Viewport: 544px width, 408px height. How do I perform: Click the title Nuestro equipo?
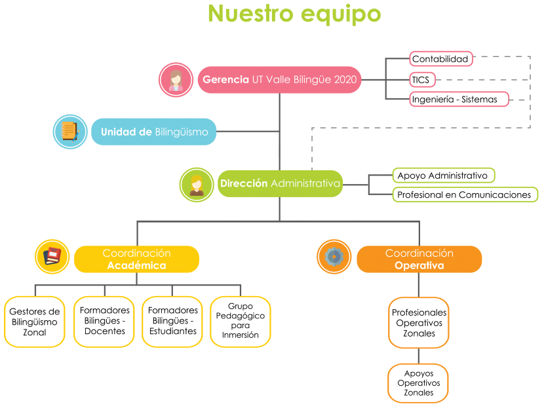(x=294, y=14)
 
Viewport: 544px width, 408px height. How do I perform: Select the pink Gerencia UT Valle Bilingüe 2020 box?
(x=279, y=80)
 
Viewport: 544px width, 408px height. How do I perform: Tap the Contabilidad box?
(x=441, y=59)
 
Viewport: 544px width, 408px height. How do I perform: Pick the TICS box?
(x=422, y=80)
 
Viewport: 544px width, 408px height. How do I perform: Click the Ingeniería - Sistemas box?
(x=459, y=100)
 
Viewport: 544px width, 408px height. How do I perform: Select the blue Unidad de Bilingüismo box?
(x=153, y=132)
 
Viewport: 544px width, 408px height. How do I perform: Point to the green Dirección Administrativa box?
(x=280, y=184)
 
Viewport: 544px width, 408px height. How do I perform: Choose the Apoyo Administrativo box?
(x=444, y=176)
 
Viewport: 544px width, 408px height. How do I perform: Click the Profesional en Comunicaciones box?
(x=465, y=195)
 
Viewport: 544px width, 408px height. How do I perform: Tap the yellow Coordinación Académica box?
(x=137, y=259)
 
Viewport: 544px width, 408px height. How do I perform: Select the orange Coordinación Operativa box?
(x=419, y=259)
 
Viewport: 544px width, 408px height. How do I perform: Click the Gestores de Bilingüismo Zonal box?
(x=35, y=322)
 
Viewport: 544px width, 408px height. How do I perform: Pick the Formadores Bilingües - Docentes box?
(x=104, y=322)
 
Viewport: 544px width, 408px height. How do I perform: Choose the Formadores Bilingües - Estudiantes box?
(x=172, y=322)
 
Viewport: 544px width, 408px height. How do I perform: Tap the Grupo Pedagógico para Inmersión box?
(x=241, y=322)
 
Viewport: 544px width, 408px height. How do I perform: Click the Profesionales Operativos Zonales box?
(x=419, y=323)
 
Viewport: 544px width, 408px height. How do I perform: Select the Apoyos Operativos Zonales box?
(x=418, y=383)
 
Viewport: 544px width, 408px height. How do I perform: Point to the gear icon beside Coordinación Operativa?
(x=334, y=257)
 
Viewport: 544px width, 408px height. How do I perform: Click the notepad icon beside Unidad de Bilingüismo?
(x=70, y=132)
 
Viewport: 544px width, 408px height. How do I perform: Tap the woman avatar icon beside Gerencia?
(x=176, y=80)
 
